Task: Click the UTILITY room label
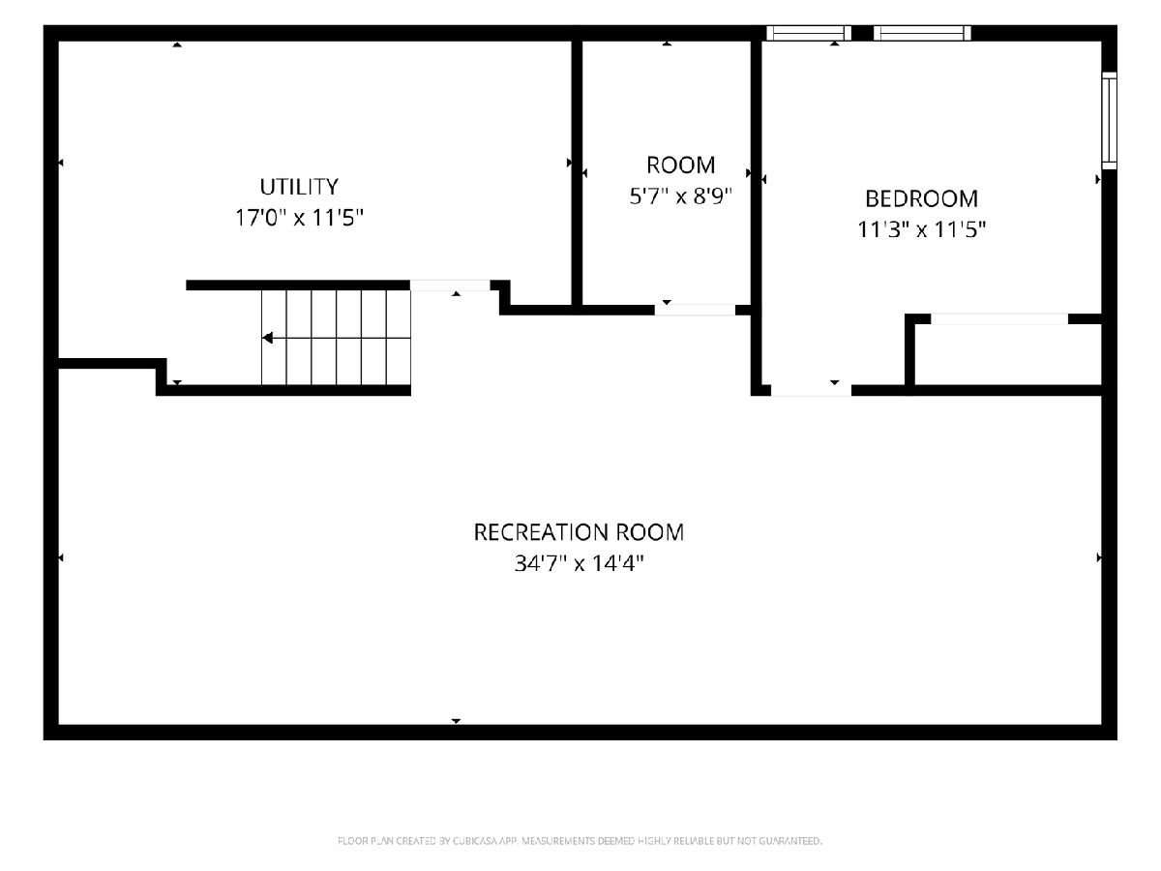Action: point(299,187)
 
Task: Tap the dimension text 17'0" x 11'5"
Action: point(299,218)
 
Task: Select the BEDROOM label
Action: point(921,198)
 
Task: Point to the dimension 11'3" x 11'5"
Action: point(921,229)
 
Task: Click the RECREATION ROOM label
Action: point(579,532)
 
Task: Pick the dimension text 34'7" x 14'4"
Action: point(579,563)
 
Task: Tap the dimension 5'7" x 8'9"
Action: point(680,196)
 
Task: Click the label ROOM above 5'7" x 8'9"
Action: point(680,165)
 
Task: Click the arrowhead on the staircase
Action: point(268,338)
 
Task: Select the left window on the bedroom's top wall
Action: point(809,33)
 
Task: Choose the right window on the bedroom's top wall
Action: point(922,33)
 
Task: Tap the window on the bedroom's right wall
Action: point(1109,121)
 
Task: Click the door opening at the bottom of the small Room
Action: point(695,310)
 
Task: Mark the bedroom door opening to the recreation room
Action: point(811,390)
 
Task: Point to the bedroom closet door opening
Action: point(999,319)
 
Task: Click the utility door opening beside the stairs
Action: point(450,285)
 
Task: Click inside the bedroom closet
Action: point(1008,354)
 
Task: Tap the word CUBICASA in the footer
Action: point(474,841)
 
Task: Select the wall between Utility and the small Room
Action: point(577,173)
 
